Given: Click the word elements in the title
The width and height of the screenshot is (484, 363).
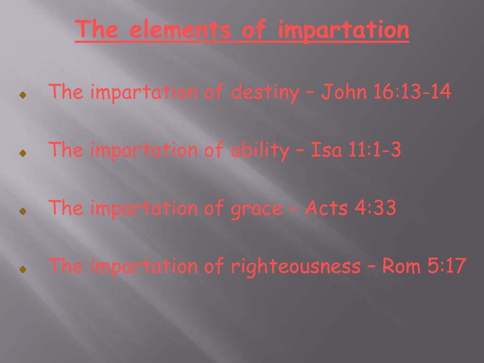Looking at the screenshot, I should click(x=179, y=31).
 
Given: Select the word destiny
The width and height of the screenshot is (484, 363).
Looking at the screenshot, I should click(x=265, y=92).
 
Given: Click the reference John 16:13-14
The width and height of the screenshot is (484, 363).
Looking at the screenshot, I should click(x=386, y=92).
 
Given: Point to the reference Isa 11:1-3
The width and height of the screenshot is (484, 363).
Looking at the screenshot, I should click(x=355, y=151).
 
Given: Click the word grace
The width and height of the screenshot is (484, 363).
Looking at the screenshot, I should click(x=256, y=209).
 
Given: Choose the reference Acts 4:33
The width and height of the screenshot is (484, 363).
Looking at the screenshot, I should click(x=350, y=208).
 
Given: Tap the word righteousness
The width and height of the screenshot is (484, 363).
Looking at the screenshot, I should click(x=295, y=267).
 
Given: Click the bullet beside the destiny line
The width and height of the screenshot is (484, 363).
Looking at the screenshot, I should click(x=22, y=95).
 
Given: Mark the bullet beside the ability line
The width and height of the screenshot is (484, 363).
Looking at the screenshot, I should click(x=22, y=154).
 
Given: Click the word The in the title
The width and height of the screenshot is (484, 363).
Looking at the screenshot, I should click(x=97, y=31).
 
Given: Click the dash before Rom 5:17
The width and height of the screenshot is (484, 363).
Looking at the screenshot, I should click(x=371, y=267).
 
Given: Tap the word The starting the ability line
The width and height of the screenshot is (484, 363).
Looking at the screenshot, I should click(x=66, y=151).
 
